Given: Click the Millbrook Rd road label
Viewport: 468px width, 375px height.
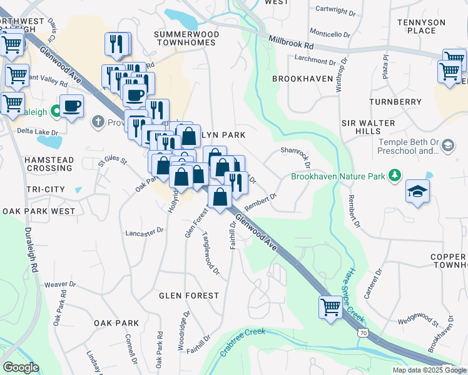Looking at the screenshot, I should (291, 42).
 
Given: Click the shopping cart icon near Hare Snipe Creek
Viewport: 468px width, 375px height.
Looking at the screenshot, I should (330, 306).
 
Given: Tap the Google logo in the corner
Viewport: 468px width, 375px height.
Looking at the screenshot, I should (20, 367).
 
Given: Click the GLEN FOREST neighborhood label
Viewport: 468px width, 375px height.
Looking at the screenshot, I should (189, 295).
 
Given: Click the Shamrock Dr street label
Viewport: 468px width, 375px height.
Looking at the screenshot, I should (295, 156).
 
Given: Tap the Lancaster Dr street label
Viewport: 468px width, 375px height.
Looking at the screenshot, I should (145, 231).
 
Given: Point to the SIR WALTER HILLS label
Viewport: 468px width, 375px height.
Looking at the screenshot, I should (362, 126).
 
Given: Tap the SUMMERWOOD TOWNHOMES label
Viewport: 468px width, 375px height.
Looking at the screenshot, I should (186, 37).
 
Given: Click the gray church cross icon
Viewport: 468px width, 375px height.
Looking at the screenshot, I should (98, 121).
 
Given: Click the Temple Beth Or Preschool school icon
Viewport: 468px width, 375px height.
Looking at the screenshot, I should (447, 146).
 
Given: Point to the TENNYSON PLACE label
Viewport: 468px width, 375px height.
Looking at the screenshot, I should (420, 26).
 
